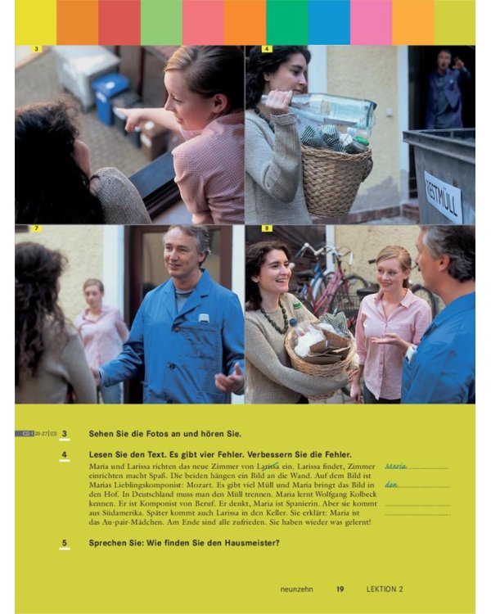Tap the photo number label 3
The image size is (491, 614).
[36, 49]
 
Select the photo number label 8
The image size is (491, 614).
[266, 228]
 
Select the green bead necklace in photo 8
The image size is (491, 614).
[275, 317]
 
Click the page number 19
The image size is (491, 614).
[340, 589]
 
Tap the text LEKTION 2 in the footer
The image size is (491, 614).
[385, 589]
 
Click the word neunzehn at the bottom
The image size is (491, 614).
[297, 589]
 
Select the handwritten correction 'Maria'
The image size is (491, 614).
[396, 466]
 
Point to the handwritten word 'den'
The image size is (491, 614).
[391, 485]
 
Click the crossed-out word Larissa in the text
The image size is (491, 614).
[268, 467]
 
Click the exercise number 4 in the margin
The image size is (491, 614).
[64, 454]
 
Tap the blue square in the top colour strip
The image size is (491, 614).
[329, 22]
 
